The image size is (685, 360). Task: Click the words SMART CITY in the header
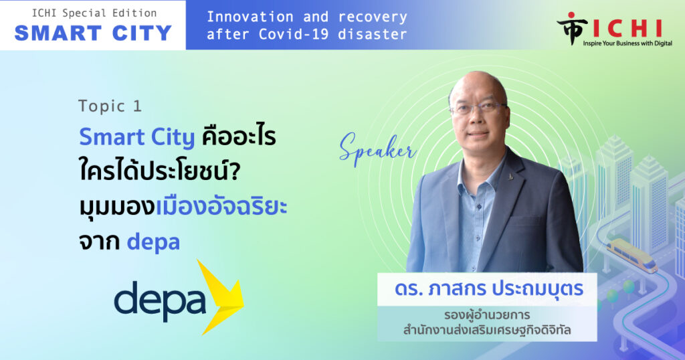(93, 33)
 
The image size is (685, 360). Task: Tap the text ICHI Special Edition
(94, 13)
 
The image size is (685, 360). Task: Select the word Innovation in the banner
(250, 17)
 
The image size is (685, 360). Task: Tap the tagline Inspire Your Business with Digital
(627, 43)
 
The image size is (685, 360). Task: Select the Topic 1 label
(110, 106)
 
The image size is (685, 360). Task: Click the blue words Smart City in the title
(136, 137)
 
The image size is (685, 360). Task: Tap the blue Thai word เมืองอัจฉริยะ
(221, 206)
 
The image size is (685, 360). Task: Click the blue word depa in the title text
(153, 242)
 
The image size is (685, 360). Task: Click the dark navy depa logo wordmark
(160, 300)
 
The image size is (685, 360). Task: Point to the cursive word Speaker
(377, 149)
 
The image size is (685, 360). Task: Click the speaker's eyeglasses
(478, 108)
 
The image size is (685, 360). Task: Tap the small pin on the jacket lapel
(511, 177)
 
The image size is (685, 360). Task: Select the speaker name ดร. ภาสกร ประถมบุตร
(489, 289)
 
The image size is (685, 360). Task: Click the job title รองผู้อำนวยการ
(487, 315)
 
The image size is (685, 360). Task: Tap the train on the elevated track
(631, 255)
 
